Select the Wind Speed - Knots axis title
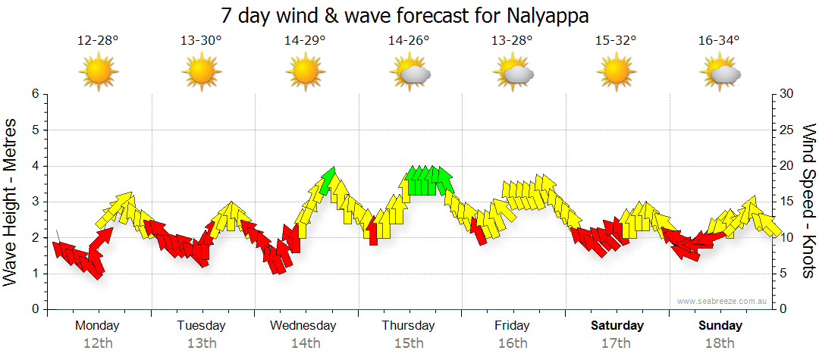tap(808, 201)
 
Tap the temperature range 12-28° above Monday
tap(98, 41)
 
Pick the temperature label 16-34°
tap(719, 41)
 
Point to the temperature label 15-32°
tap(615, 41)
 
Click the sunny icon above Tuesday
tap(202, 73)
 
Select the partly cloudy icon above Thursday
tap(409, 73)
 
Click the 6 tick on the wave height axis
tap(34, 94)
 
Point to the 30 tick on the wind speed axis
tap(787, 94)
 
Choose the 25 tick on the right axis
tap(787, 130)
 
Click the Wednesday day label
tap(303, 326)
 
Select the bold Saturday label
tap(617, 326)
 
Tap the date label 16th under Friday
tap(513, 343)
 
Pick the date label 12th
tap(98, 343)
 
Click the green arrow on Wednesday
tap(328, 180)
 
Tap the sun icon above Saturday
tap(617, 73)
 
